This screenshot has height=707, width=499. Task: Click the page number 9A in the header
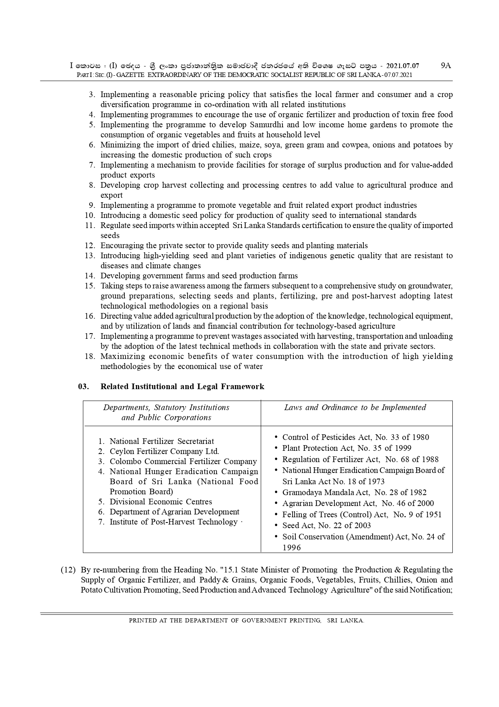[446, 66]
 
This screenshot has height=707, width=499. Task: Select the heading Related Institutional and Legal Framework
[182, 386]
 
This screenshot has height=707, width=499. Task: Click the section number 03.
[83, 386]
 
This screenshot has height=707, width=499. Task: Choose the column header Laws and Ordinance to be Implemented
[355, 407]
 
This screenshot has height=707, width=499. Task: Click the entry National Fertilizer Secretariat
[162, 441]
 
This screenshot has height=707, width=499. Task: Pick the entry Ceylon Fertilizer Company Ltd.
[164, 451]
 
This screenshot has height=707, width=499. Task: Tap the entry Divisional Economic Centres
[161, 502]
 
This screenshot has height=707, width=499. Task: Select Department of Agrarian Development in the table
[174, 512]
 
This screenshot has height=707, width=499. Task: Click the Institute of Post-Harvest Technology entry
[173, 522]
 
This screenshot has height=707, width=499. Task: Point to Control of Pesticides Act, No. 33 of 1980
[355, 437]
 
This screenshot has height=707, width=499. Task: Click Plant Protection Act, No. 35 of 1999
[346, 448]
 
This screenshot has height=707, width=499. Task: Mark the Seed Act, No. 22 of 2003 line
[326, 525]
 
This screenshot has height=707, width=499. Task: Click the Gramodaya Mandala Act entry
[354, 492]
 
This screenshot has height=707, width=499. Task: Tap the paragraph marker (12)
[68, 570]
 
